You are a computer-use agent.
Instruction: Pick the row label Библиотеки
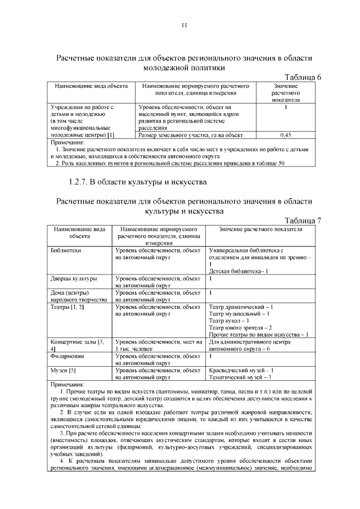(x=65, y=250)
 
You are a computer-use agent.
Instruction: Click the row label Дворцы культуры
(x=73, y=278)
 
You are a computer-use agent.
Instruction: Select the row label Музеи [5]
(x=64, y=370)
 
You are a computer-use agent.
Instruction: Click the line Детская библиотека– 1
(x=238, y=271)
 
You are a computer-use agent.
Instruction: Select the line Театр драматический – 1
(x=241, y=307)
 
